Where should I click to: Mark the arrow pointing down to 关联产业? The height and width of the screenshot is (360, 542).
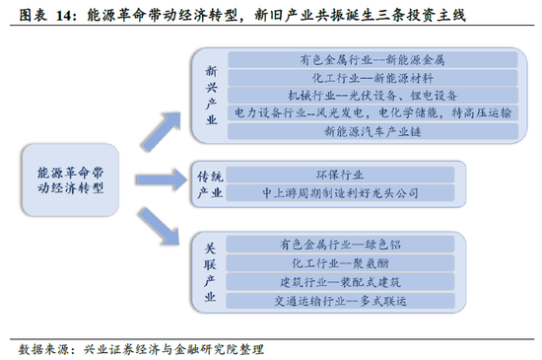pos(158,230)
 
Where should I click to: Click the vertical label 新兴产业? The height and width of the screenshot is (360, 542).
pos(209,95)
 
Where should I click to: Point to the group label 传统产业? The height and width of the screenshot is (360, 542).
pos(210,182)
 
